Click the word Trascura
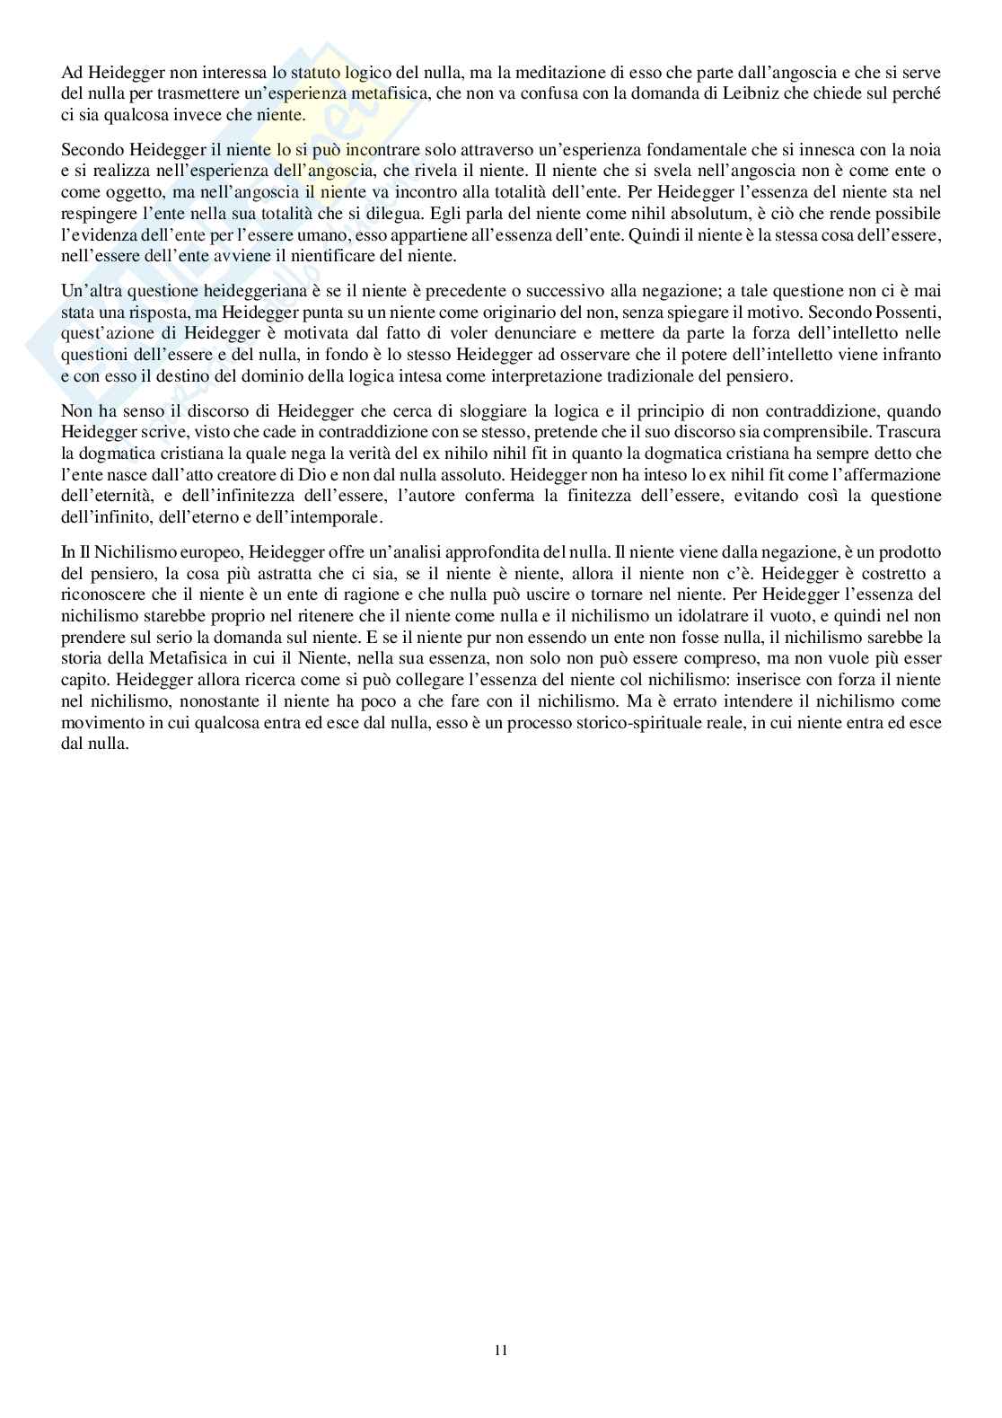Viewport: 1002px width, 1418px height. tap(910, 431)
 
